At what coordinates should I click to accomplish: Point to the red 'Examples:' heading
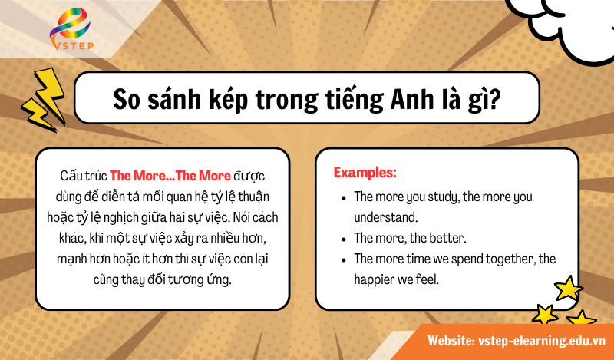365,173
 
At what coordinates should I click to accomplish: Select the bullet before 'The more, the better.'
343,238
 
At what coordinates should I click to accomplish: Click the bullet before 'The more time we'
343,259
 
